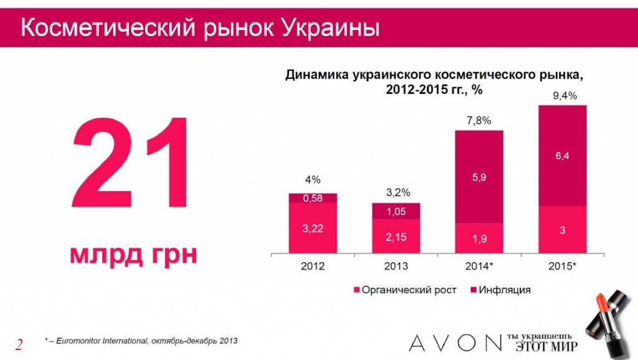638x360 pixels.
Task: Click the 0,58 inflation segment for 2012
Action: coord(313,197)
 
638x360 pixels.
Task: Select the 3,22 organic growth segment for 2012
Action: coord(313,228)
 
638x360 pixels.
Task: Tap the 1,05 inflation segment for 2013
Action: coord(396,211)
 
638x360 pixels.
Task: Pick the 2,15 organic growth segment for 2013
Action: coord(396,236)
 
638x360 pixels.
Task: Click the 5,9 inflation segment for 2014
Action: coord(479,177)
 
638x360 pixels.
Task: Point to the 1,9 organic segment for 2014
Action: coord(479,239)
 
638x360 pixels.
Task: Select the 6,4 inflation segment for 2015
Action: coord(563,156)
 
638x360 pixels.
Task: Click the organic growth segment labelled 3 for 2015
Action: coord(563,230)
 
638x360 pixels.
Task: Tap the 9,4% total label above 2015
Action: coord(564,96)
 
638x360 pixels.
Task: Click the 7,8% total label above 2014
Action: coord(479,121)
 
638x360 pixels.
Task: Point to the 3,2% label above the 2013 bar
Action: coord(398,192)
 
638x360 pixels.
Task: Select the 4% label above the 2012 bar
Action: coord(313,179)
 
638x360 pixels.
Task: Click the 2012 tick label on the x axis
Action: coord(313,266)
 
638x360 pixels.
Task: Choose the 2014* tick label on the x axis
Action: coord(479,266)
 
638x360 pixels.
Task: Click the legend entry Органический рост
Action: coord(405,290)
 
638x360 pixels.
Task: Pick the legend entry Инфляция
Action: coord(500,290)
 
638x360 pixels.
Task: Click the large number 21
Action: coord(130,163)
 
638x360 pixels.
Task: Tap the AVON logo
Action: coord(455,343)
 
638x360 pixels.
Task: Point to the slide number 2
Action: coord(19,344)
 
